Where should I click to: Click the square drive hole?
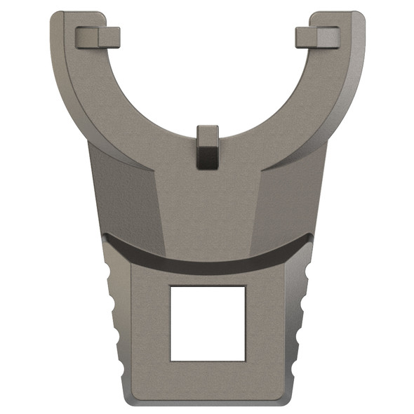tap(208, 323)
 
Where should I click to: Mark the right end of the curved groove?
tap(309, 237)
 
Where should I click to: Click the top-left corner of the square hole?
tap(171, 286)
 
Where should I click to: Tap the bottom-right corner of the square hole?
tap(245, 360)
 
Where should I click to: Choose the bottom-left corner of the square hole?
tap(171, 360)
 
